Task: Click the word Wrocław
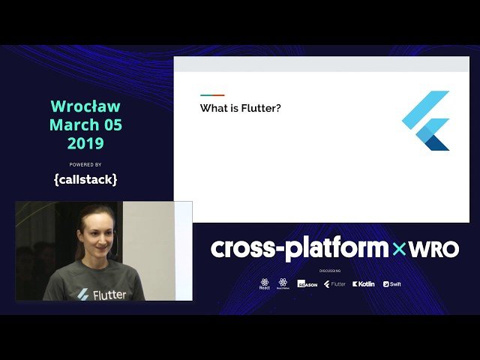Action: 85,106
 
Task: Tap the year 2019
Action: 85,142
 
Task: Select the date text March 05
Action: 85,124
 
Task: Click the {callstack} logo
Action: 85,179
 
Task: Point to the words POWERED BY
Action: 85,164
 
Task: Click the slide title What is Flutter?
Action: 240,108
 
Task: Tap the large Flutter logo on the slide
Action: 427,120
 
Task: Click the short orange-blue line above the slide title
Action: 212,95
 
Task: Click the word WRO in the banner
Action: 433,248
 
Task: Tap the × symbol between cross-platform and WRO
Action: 397,249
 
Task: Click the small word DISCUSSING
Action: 330,270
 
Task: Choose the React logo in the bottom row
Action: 265,283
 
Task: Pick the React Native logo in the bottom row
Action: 283,283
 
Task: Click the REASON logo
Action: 307,284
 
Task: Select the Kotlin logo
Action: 364,284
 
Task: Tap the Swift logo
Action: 391,284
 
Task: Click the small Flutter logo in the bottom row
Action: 334,284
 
